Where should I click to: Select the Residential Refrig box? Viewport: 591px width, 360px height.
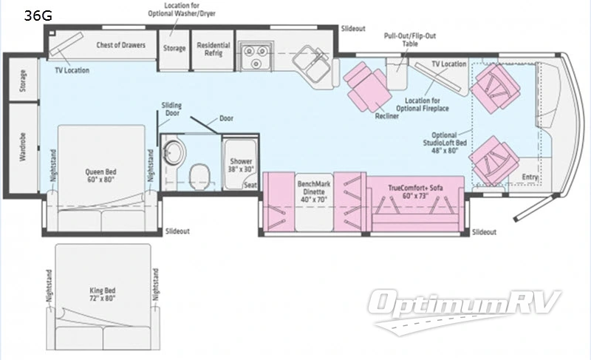click(213, 49)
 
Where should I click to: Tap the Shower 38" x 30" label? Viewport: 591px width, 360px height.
click(241, 165)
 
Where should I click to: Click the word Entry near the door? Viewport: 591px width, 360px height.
click(529, 177)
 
